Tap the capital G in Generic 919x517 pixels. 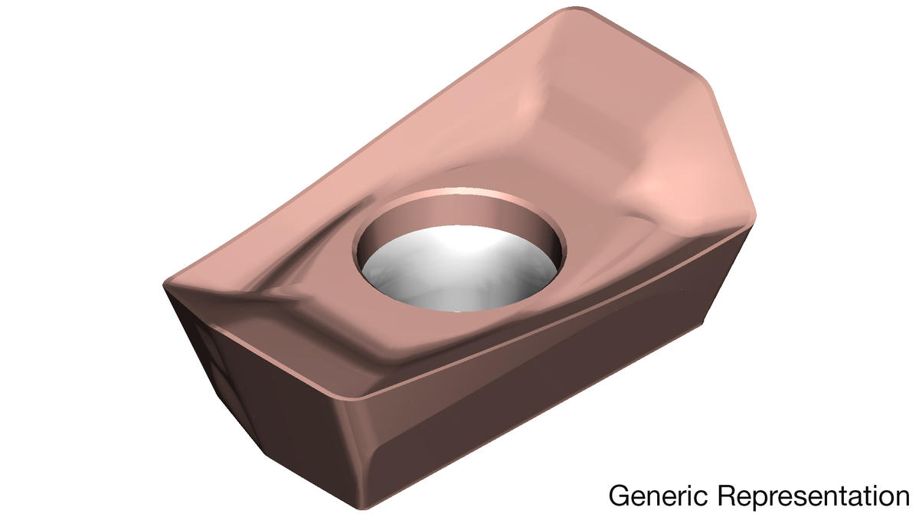tap(618, 496)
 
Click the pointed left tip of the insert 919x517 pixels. tap(165, 284)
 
